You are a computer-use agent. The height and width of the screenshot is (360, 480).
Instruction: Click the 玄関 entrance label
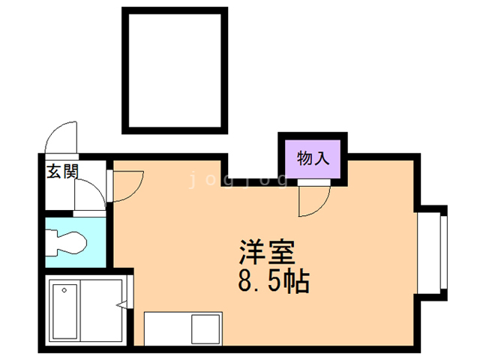pos(62,171)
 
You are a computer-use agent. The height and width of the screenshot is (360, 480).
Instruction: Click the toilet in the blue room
pos(67,242)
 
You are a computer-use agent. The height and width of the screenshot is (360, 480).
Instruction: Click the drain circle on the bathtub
pos(65,289)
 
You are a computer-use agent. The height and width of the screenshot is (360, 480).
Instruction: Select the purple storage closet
pos(313,158)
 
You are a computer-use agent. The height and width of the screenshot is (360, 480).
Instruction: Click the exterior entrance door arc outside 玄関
pos(60,137)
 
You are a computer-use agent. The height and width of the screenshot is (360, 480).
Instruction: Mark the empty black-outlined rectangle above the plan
pos(174,71)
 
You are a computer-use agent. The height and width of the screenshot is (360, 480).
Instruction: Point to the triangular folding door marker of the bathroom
pos(122,304)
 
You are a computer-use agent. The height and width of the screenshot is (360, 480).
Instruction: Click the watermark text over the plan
pos(238,179)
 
